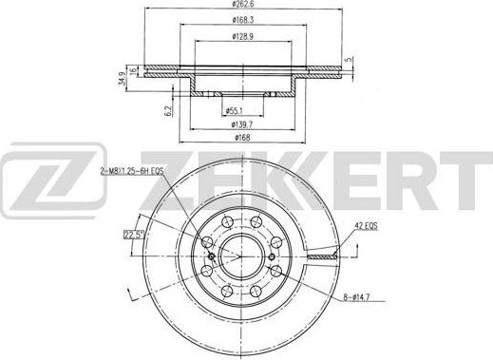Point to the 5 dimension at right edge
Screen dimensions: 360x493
tap(350, 60)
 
